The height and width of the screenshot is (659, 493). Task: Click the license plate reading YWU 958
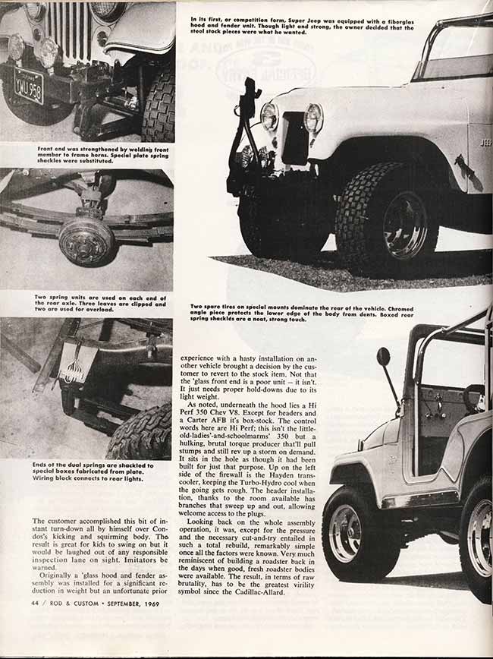point(28,85)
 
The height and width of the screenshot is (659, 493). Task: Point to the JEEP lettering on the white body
point(485,142)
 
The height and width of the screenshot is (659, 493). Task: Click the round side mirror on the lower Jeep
point(383,357)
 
